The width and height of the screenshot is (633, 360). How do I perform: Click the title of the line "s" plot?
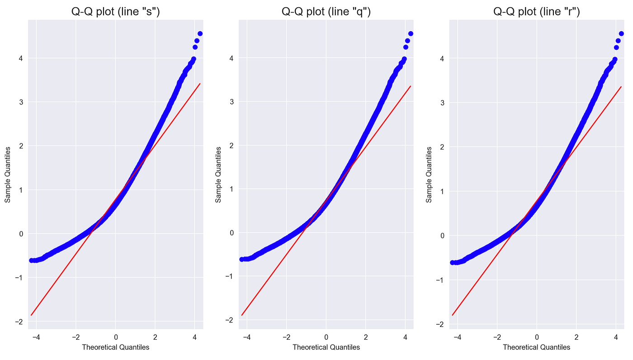tap(115, 12)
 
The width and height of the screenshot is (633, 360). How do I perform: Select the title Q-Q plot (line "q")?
tap(326, 12)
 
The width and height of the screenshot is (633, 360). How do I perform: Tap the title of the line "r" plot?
tap(537, 12)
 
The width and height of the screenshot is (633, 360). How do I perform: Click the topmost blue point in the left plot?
tap(200, 33)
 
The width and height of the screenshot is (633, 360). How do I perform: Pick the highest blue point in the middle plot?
tap(411, 33)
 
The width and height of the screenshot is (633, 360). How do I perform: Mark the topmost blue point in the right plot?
tap(621, 33)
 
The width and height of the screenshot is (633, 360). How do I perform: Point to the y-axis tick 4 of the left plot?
tap(21, 58)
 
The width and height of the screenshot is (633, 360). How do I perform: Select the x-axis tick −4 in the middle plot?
tap(246, 337)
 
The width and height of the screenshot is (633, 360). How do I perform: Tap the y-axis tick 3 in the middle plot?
tap(231, 102)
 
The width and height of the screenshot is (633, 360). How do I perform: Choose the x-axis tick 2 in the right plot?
tap(576, 337)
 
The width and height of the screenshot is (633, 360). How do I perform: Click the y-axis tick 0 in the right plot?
tap(442, 236)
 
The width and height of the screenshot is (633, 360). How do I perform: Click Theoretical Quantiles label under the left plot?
tap(115, 347)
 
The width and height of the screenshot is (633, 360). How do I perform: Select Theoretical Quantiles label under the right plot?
tap(537, 347)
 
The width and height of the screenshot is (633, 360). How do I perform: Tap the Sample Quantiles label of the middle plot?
tap(218, 174)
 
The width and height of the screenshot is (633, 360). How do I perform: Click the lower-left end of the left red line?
tap(31, 315)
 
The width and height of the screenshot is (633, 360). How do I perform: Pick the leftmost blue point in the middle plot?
tap(242, 259)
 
